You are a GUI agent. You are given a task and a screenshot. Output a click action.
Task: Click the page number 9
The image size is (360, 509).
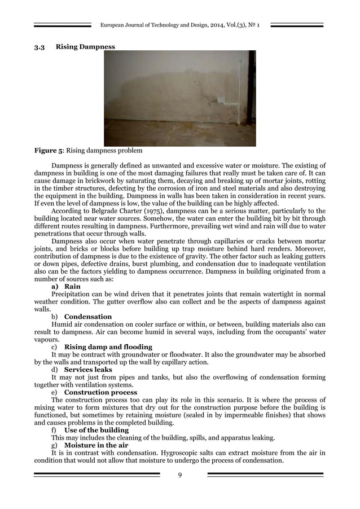(x=180, y=475)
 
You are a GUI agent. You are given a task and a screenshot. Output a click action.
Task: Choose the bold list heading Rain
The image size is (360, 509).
(x=72, y=287)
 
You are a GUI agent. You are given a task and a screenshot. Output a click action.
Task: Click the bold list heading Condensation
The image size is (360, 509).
(x=88, y=317)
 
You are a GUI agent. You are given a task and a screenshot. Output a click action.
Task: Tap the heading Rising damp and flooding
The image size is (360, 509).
(x=108, y=346)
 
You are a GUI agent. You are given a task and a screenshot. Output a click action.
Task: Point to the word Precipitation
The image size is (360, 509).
(x=72, y=294)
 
